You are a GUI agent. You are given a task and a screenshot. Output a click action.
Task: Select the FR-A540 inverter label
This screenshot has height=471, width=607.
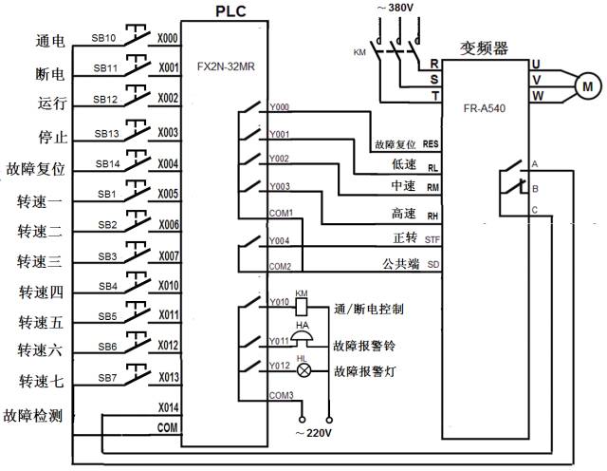[486, 107]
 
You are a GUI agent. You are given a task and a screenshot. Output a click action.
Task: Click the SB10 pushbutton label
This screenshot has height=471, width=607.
[105, 39]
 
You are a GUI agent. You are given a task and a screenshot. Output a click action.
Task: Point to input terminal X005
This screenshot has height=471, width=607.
[168, 195]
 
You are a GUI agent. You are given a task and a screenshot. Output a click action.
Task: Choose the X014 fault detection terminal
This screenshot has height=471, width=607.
[168, 406]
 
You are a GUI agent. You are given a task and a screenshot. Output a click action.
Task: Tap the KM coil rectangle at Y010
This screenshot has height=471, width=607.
[302, 307]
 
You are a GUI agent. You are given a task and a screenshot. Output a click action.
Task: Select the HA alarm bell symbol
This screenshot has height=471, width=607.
[303, 340]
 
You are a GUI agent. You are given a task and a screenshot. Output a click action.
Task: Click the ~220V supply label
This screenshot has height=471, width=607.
[316, 434]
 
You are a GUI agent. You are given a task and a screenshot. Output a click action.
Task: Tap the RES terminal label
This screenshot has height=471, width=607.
[432, 145]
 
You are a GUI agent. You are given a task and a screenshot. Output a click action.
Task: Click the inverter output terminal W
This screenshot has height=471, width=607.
[536, 95]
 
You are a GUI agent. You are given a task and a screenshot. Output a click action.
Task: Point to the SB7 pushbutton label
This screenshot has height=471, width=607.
[105, 378]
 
